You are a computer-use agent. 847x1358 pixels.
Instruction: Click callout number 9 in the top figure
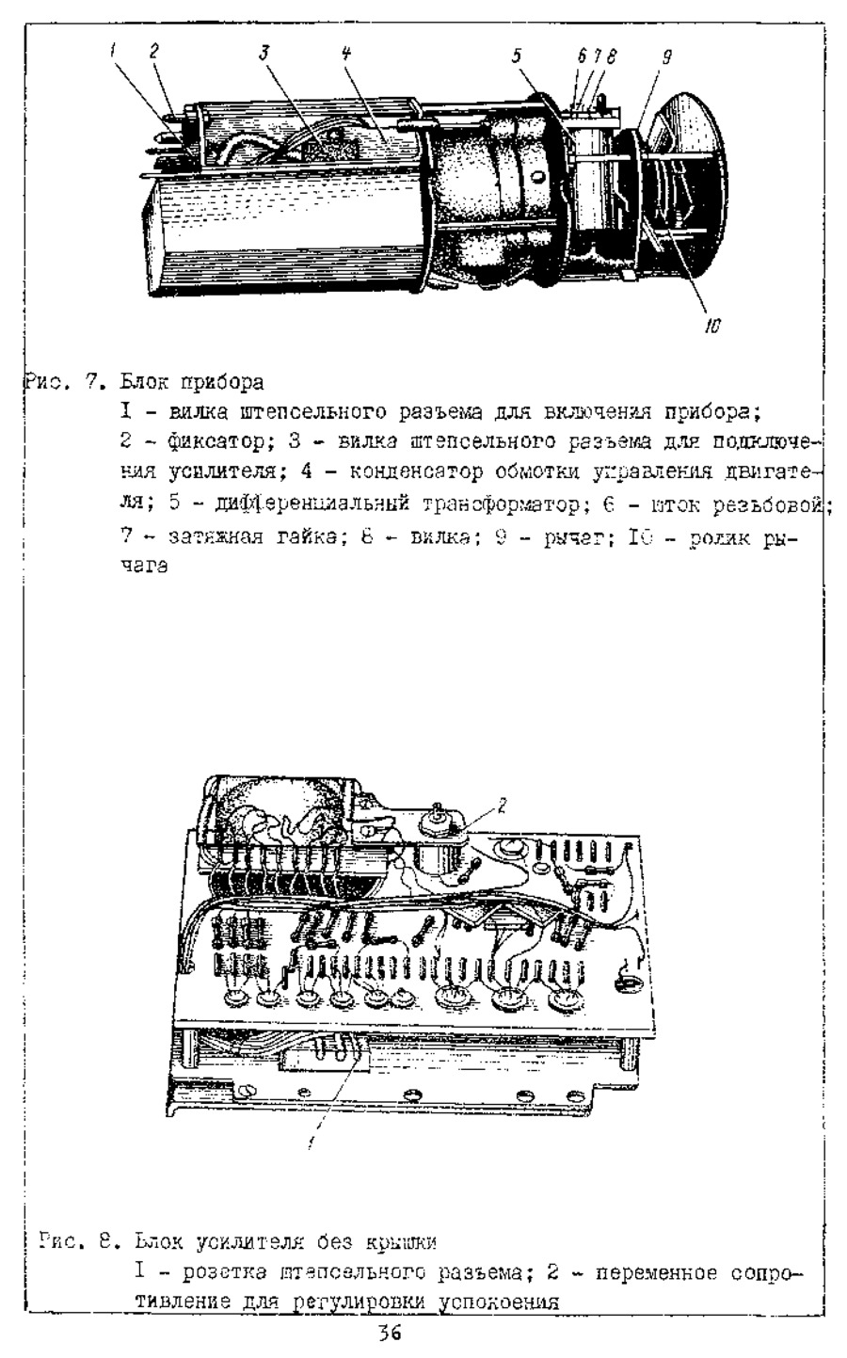666,57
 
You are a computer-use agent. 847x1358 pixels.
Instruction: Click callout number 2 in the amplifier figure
502,804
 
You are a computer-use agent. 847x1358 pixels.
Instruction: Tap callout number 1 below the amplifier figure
312,1144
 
